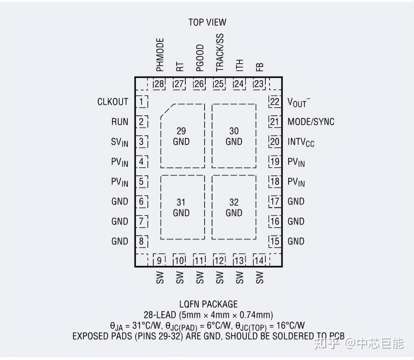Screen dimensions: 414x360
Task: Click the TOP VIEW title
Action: (x=207, y=22)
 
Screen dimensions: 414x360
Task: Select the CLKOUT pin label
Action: (x=113, y=102)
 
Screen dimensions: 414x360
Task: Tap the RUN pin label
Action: (x=120, y=122)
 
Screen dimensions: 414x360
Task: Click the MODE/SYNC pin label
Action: (x=311, y=122)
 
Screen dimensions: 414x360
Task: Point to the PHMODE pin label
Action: (x=160, y=55)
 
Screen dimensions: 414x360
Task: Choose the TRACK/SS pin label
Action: (x=220, y=52)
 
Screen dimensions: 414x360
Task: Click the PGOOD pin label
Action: (x=200, y=58)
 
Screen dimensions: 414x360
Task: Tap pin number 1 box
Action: (x=141, y=101)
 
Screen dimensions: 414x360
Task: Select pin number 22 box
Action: (x=275, y=101)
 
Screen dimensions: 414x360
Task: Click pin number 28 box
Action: (x=159, y=84)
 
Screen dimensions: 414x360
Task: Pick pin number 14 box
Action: (x=260, y=260)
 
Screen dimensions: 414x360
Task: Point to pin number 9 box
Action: (x=159, y=260)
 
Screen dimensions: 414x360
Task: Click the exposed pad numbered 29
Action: (x=182, y=136)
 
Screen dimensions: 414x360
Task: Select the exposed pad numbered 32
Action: (x=234, y=207)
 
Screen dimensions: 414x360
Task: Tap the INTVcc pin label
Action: (x=301, y=142)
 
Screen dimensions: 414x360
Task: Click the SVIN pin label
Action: (x=120, y=142)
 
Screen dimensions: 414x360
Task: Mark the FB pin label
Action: (x=260, y=67)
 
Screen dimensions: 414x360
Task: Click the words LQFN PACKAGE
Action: (x=208, y=304)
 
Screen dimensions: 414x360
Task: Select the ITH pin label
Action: (x=240, y=65)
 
